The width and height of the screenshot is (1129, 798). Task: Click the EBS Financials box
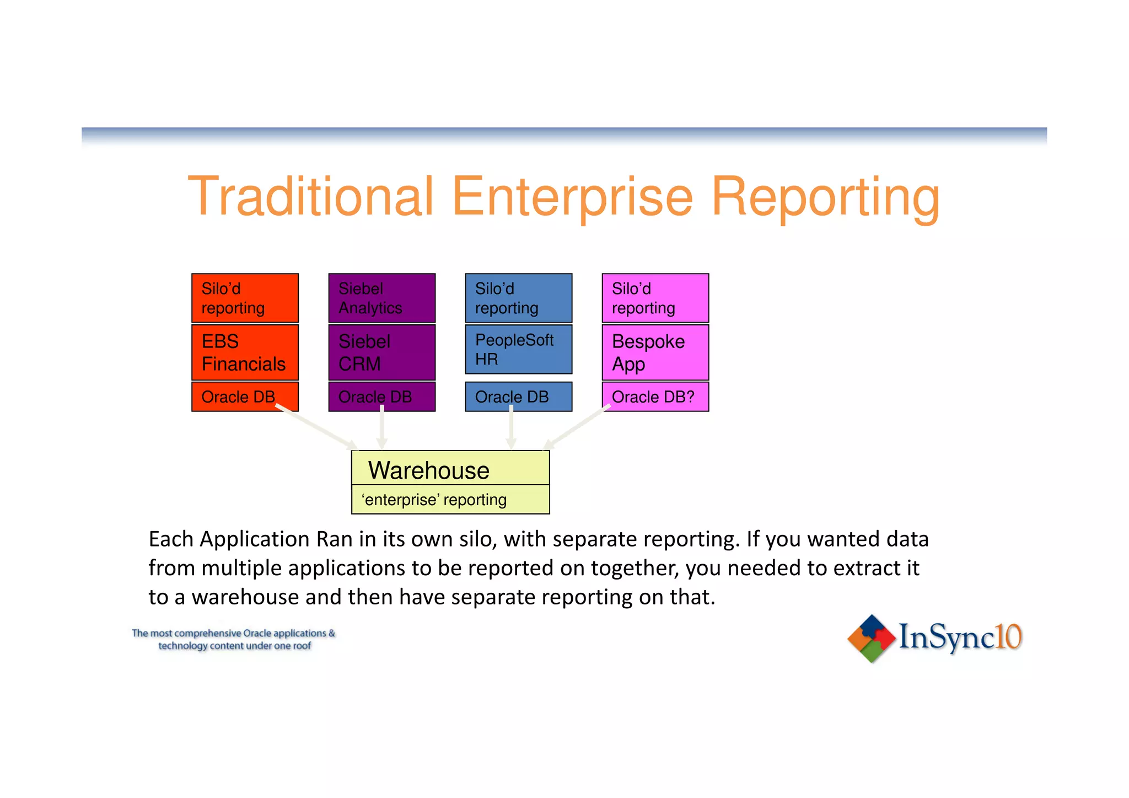coord(245,352)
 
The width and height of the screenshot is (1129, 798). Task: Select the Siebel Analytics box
coord(381,298)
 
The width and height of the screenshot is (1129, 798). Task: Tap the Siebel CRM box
coord(381,352)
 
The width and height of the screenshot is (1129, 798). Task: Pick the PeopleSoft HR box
coord(518,349)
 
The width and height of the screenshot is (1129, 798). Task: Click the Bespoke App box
coord(655,352)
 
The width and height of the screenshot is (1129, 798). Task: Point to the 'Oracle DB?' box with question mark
coord(655,397)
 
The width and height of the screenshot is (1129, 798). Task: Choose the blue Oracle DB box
coord(518,397)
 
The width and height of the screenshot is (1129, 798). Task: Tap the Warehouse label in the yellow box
coord(429,470)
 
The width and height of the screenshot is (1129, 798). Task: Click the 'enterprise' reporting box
coord(450,500)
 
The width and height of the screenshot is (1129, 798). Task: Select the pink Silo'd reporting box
coord(655,298)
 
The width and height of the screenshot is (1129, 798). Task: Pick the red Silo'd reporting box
coord(245,298)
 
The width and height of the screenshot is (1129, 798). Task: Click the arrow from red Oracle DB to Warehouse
coord(317,427)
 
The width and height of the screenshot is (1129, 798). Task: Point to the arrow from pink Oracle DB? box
coord(576,428)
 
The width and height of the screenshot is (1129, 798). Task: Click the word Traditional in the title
coord(311,196)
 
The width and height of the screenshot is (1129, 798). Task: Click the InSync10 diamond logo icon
coord(871,638)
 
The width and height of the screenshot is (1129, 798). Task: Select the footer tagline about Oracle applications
coord(234,639)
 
